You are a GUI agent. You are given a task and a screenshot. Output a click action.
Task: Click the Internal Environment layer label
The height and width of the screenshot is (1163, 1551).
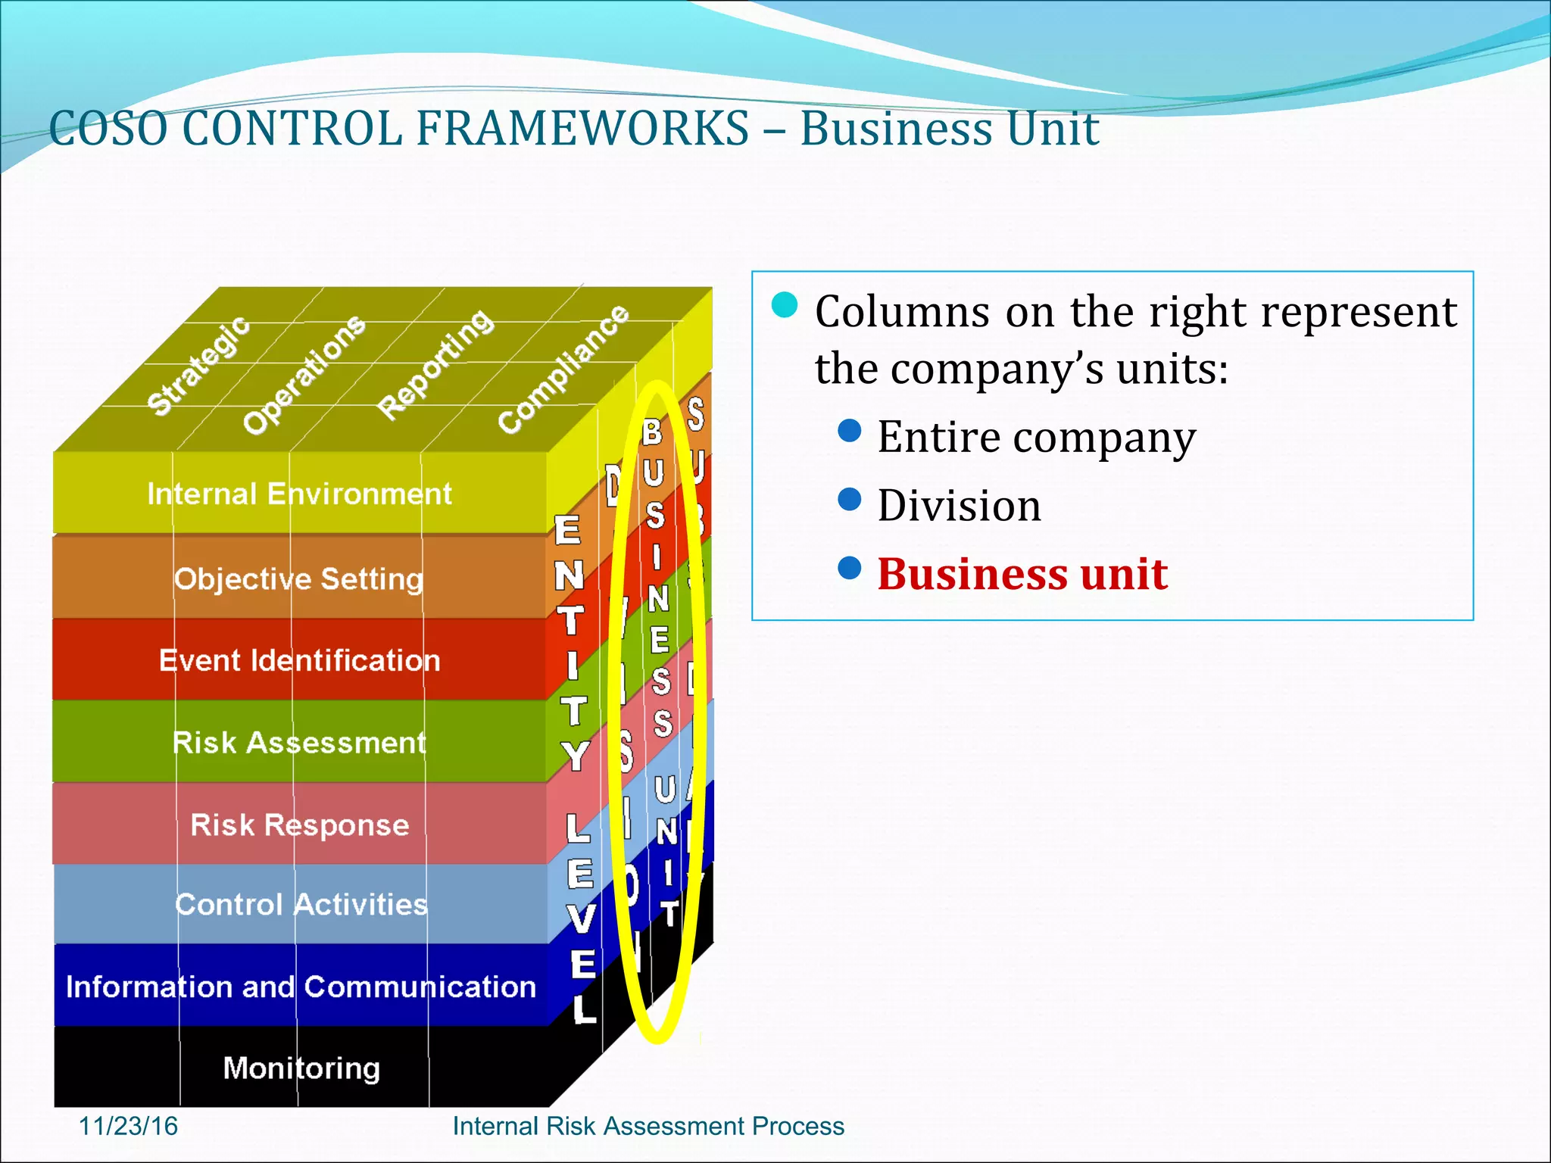(299, 494)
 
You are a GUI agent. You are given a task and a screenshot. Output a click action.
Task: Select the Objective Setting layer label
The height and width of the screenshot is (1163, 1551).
(298, 579)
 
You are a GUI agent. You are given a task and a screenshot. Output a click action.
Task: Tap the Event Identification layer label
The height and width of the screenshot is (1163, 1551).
(299, 661)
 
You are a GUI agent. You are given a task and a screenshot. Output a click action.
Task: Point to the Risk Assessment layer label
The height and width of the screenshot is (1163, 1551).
(299, 743)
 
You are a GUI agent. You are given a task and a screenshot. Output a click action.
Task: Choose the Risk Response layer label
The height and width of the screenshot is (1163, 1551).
(299, 825)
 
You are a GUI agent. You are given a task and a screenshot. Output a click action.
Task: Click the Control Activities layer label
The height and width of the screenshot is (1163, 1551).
(301, 905)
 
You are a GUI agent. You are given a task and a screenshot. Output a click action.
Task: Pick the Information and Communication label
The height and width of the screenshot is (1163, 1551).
(301, 987)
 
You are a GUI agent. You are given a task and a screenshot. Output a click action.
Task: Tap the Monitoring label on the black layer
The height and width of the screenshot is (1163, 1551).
(301, 1068)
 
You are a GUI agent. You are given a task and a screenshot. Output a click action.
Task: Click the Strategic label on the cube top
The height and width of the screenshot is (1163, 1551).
(198, 366)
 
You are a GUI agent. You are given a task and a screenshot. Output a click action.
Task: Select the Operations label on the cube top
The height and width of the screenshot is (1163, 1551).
(304, 374)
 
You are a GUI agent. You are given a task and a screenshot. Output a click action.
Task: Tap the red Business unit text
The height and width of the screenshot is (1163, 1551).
(1022, 574)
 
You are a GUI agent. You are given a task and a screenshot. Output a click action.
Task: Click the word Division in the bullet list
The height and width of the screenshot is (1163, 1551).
(959, 506)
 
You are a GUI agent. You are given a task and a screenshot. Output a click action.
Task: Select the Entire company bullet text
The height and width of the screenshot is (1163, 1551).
(1036, 438)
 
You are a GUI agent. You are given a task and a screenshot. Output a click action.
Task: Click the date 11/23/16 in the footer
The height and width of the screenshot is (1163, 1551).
(128, 1126)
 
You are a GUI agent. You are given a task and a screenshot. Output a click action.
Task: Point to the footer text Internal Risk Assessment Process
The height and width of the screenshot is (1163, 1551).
(648, 1126)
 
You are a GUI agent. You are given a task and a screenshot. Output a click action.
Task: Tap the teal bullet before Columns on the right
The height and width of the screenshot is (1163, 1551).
(785, 305)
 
